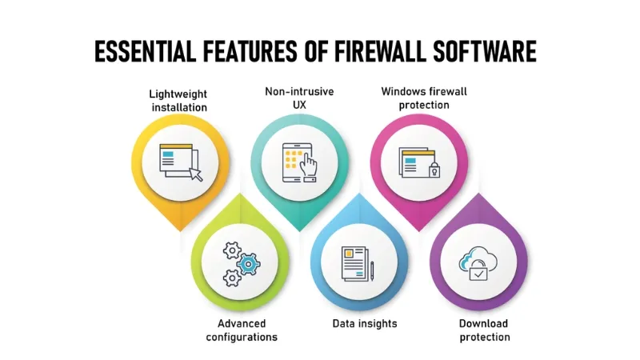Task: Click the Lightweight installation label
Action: point(178,100)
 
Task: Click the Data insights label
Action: point(365,324)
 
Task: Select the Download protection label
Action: point(484,330)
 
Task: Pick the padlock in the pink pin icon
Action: point(434,170)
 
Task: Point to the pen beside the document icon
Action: point(372,270)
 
